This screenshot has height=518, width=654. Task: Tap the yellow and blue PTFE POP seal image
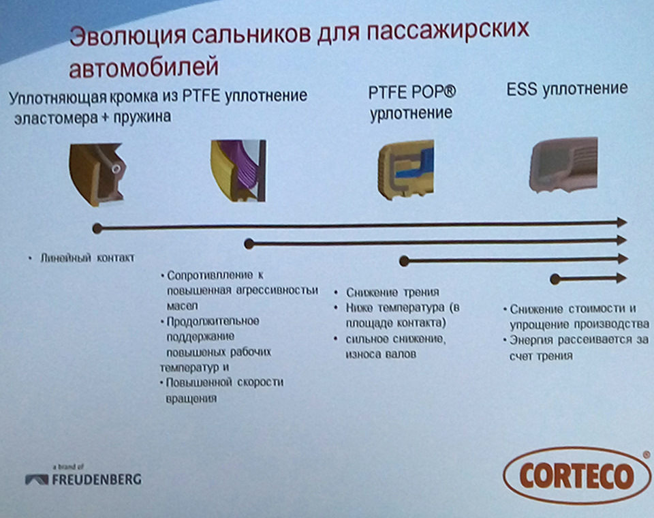(406, 170)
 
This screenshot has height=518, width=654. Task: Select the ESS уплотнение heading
(567, 89)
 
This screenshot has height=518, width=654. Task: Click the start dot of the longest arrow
(97, 227)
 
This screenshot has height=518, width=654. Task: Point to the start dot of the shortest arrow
(555, 278)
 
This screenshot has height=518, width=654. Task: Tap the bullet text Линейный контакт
(86, 258)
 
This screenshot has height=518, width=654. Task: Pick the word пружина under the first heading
(145, 117)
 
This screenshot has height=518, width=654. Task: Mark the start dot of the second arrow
(249, 243)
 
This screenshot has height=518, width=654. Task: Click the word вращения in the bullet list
(191, 398)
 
